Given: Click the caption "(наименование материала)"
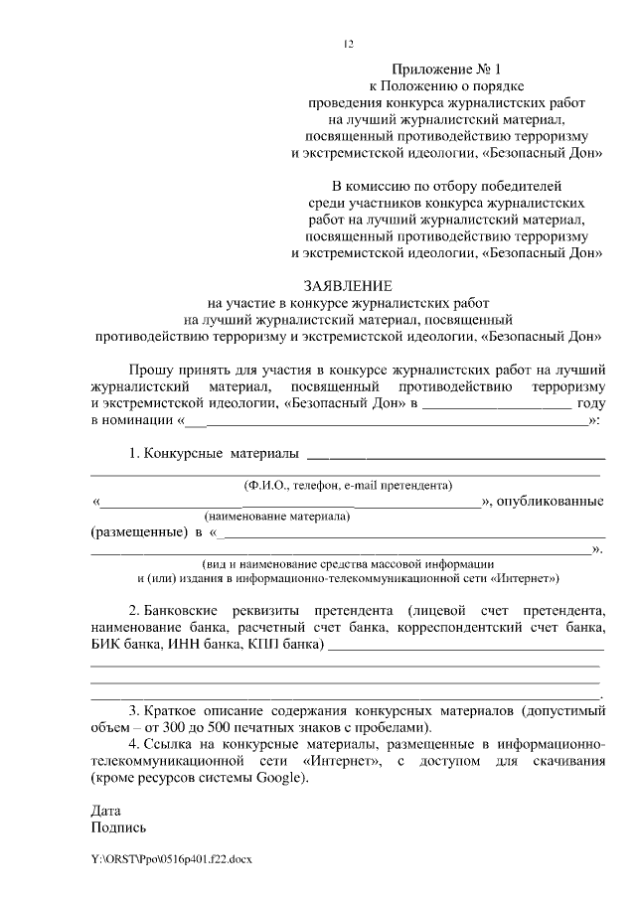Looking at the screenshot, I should [276, 518].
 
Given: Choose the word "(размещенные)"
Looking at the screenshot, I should [138, 532].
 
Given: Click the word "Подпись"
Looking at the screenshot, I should [118, 826].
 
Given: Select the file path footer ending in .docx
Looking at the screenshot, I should [172, 858].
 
